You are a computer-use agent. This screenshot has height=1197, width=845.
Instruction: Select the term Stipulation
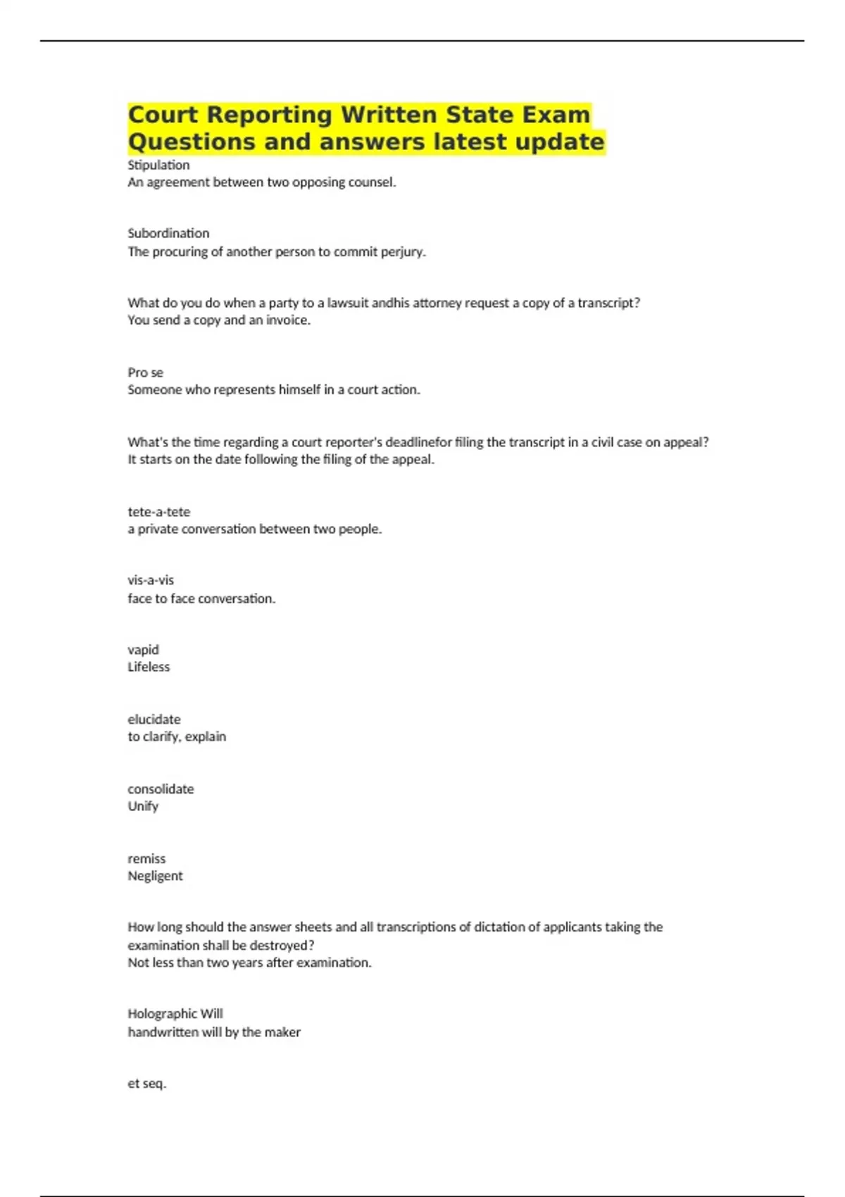coord(158,165)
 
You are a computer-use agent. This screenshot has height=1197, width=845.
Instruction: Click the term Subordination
coord(168,233)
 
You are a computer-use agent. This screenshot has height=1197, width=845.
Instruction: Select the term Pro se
coord(145,372)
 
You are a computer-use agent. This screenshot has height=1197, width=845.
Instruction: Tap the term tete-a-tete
coord(158,512)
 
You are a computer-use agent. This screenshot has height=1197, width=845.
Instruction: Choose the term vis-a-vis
coord(150,580)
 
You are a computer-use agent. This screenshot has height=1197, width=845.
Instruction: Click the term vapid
coord(143,649)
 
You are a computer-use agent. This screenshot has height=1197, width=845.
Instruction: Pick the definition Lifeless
coord(149,667)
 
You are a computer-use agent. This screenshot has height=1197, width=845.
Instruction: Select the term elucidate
coord(154,719)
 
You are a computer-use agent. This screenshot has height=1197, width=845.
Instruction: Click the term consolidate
coord(161,789)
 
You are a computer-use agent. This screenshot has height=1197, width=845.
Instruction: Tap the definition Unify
coord(143,806)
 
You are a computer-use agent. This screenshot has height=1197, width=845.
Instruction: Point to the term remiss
coord(146,858)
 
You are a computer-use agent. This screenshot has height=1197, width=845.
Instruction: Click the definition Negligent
coord(155,876)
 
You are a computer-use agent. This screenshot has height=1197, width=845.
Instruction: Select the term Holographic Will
coord(175,1014)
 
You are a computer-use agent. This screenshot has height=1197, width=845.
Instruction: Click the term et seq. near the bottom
coord(146,1084)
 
